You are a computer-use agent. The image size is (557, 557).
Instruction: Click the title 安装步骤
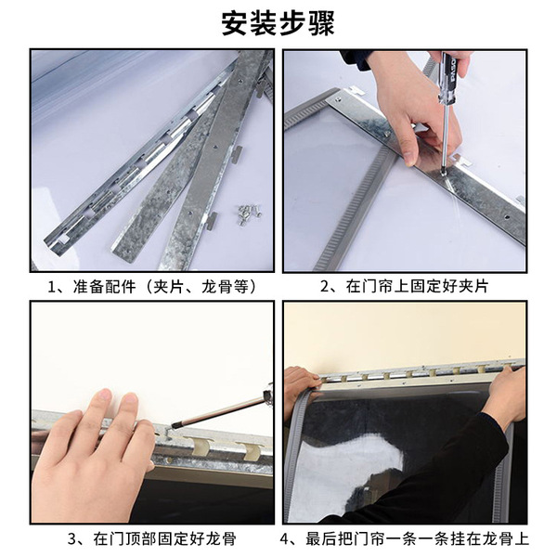pyautogui.click(x=278, y=23)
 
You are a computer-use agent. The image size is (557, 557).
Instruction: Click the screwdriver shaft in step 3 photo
pyautogui.click(x=221, y=411)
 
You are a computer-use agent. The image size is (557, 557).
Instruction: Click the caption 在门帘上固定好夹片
pyautogui.click(x=417, y=287)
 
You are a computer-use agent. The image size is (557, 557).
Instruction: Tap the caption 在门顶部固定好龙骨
pyautogui.click(x=164, y=538)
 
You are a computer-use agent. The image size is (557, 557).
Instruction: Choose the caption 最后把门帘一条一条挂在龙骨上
pyautogui.click(x=417, y=538)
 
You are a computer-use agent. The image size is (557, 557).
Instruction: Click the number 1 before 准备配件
pyautogui.click(x=52, y=287)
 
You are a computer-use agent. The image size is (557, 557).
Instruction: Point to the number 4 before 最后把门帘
pyautogui.click(x=285, y=539)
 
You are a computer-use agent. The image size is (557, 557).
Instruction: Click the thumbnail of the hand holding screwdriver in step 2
pyautogui.click(x=410, y=157)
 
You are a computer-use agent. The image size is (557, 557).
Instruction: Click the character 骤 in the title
pyautogui.click(x=321, y=23)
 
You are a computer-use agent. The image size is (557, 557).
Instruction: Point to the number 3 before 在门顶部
pyautogui.click(x=72, y=539)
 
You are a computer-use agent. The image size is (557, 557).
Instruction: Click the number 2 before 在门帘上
pyautogui.click(x=325, y=287)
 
